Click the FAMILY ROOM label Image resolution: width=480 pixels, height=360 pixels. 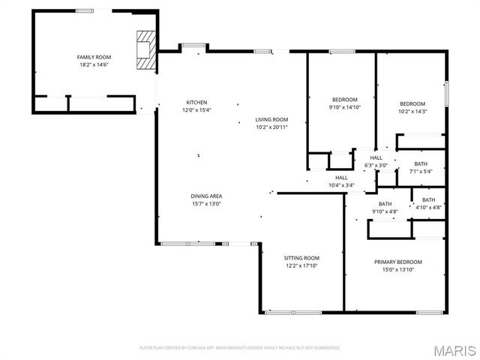(94, 57)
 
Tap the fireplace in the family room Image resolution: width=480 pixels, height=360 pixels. (144, 49)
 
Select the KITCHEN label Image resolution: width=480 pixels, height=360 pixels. (197, 103)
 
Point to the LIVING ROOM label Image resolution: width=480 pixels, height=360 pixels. (271, 119)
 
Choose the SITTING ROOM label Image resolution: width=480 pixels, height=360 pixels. (301, 258)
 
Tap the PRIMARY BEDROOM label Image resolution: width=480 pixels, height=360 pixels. (398, 262)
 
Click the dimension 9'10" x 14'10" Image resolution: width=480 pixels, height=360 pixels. (345, 107)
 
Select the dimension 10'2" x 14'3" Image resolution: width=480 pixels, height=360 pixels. (412, 111)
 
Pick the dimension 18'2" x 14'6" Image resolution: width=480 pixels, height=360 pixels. (94, 64)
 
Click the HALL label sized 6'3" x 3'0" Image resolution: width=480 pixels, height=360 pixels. (376, 158)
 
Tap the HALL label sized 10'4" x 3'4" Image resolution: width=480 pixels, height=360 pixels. (341, 178)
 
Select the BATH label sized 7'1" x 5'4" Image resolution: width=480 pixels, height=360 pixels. (421, 164)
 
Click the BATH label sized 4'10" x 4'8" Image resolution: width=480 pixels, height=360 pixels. (429, 199)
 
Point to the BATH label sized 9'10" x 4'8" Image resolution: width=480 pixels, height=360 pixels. (385, 204)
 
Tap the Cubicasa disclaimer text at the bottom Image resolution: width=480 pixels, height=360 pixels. (240, 348)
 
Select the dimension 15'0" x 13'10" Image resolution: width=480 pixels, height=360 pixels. (398, 269)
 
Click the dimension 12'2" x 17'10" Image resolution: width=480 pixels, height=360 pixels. (301, 265)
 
